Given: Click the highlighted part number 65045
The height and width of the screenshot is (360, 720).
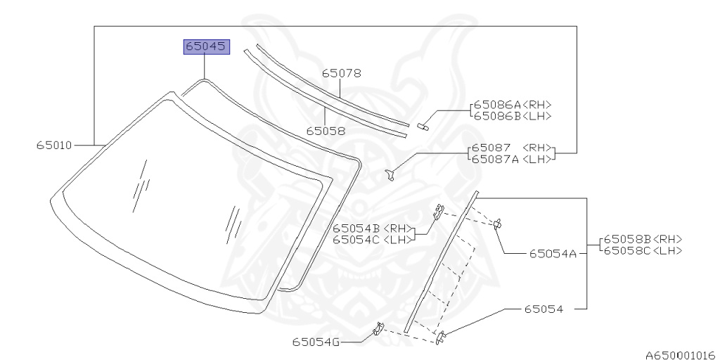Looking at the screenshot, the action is (x=206, y=47).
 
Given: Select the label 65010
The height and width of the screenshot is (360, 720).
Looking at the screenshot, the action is (x=54, y=146).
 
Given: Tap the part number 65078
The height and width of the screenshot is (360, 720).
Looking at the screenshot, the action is (x=341, y=73).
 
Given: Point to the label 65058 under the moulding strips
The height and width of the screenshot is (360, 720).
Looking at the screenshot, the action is (x=326, y=131).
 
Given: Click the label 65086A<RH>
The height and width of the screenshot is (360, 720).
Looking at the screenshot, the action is (x=513, y=105).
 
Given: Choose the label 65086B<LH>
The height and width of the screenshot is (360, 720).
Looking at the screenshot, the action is (x=513, y=116).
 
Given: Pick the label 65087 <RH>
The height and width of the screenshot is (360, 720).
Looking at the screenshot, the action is (x=512, y=148).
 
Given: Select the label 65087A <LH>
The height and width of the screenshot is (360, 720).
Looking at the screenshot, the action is (x=512, y=159).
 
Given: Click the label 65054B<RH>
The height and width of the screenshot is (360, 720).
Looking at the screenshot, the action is (x=373, y=229).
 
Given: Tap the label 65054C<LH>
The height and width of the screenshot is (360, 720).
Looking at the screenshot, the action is (x=373, y=239).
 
